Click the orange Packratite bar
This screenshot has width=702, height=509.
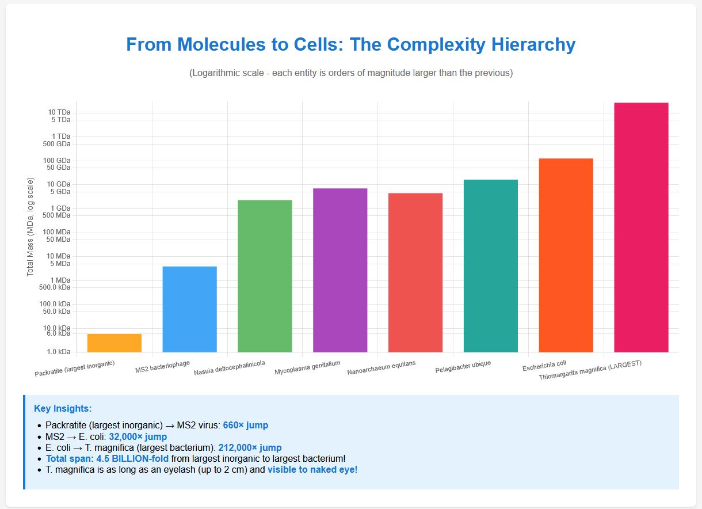[x=115, y=343]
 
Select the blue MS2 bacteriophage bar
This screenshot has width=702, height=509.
[x=190, y=309]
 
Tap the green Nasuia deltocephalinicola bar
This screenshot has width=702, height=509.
[x=265, y=276]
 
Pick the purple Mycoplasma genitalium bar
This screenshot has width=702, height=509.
[x=340, y=270]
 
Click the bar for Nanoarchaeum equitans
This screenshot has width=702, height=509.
[x=415, y=272]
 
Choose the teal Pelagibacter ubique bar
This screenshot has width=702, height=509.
[x=491, y=265]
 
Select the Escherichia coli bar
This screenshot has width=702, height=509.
[x=566, y=255]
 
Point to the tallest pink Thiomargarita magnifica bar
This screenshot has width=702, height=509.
[x=641, y=227]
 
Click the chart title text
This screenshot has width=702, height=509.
[x=350, y=45]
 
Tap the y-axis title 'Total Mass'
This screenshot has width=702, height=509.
[x=30, y=227]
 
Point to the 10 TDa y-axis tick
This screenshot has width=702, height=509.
[x=59, y=112]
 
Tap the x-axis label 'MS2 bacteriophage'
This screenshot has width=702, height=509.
[x=162, y=366]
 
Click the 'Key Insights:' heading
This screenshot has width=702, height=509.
[x=63, y=409]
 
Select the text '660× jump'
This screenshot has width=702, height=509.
[x=245, y=426]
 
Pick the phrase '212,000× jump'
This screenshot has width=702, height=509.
[x=250, y=447]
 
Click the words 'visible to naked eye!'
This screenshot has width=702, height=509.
[x=312, y=470]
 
